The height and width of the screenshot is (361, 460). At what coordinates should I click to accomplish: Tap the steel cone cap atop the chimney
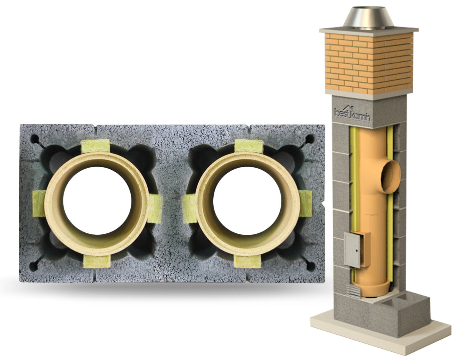tap(369, 19)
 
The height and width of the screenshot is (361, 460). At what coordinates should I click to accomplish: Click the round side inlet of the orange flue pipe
tap(391, 177)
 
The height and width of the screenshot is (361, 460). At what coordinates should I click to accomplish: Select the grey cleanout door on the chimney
tap(352, 250)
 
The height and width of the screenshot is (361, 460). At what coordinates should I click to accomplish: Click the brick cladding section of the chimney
tap(369, 63)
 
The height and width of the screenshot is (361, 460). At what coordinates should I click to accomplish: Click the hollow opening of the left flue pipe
tap(97, 201)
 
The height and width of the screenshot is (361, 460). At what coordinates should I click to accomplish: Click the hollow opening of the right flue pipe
tap(247, 201)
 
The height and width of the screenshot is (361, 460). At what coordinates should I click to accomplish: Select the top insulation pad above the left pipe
tap(95, 146)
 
